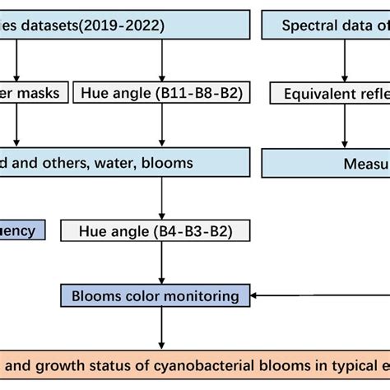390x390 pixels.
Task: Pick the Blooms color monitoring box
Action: (x=156, y=295)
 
